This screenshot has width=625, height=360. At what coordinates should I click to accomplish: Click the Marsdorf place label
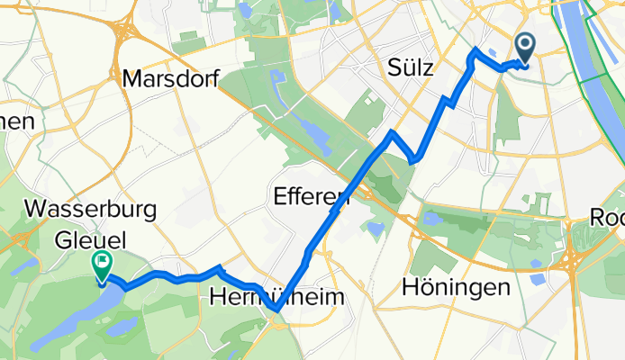[x=171, y=80]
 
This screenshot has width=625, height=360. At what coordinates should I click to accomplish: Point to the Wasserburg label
[x=93, y=210]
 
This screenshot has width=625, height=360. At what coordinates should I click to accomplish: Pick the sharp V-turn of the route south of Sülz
[x=412, y=161]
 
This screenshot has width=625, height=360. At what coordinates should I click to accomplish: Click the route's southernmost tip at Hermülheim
[x=275, y=311]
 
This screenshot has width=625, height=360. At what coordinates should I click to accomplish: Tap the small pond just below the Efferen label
[x=374, y=230]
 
